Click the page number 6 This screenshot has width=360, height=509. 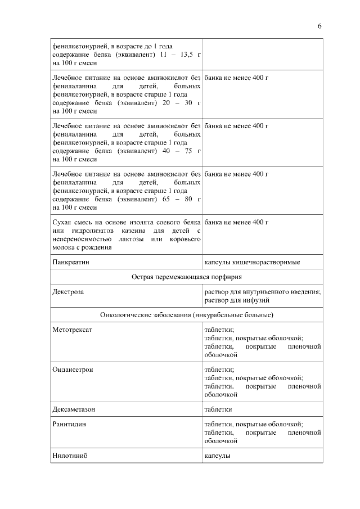coord(319,26)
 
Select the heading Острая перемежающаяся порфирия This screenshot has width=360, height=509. coord(187,277)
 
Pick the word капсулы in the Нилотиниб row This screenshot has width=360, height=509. coord(217,456)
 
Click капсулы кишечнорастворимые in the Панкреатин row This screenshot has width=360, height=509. coord(252,262)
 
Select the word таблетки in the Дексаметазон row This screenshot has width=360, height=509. coord(218,409)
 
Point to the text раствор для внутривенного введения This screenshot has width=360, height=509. coord(262,292)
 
